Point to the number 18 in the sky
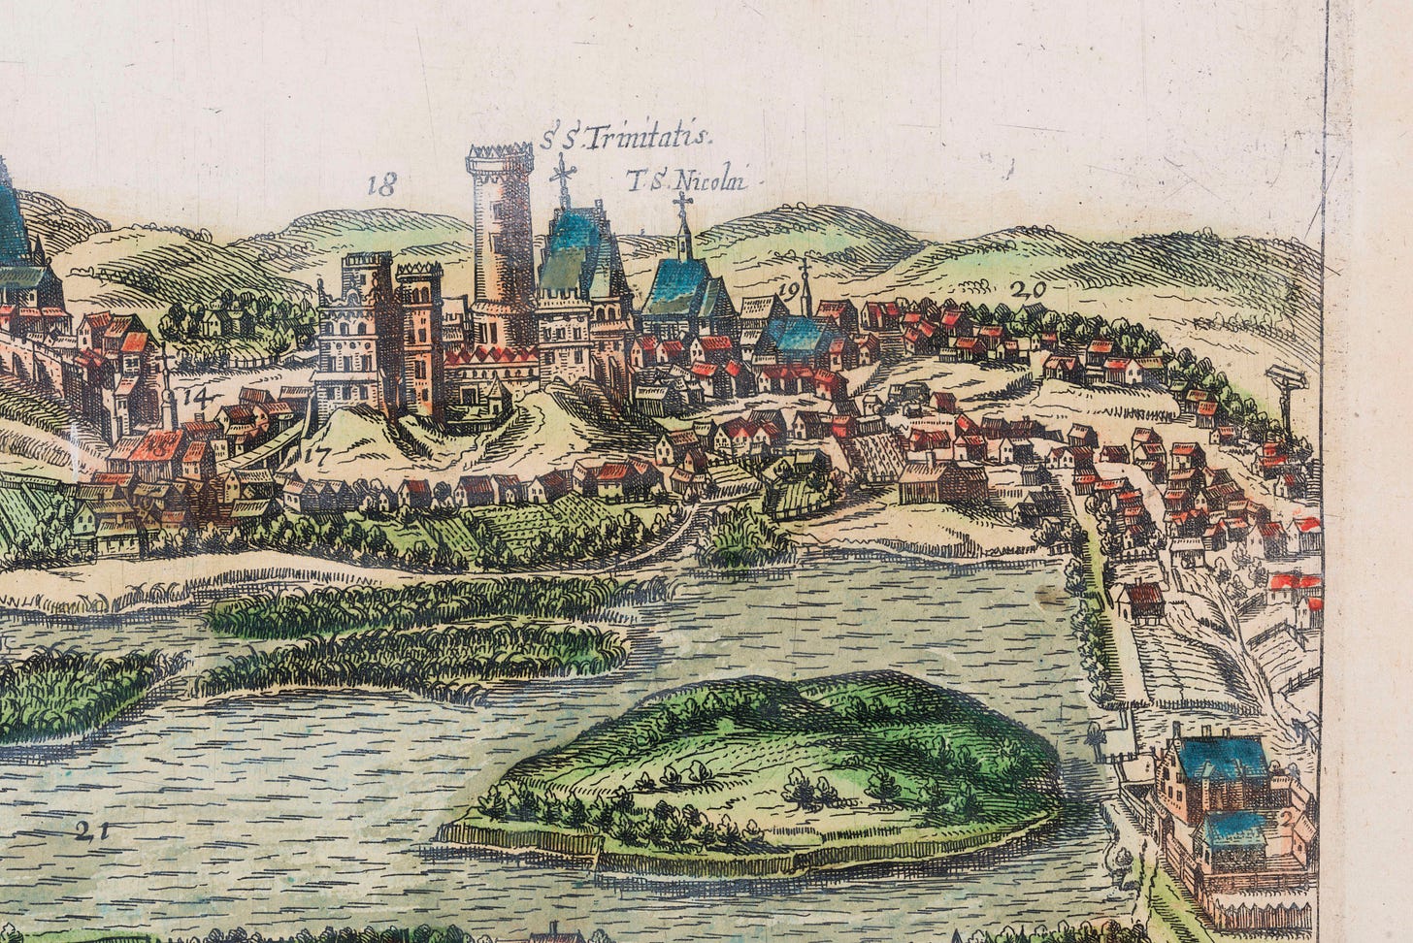coord(382,185)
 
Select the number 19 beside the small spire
coord(787,290)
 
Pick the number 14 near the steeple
coord(195,396)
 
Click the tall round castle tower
coord(502,243)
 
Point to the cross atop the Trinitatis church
coord(561,176)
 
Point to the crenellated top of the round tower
coord(500,157)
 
